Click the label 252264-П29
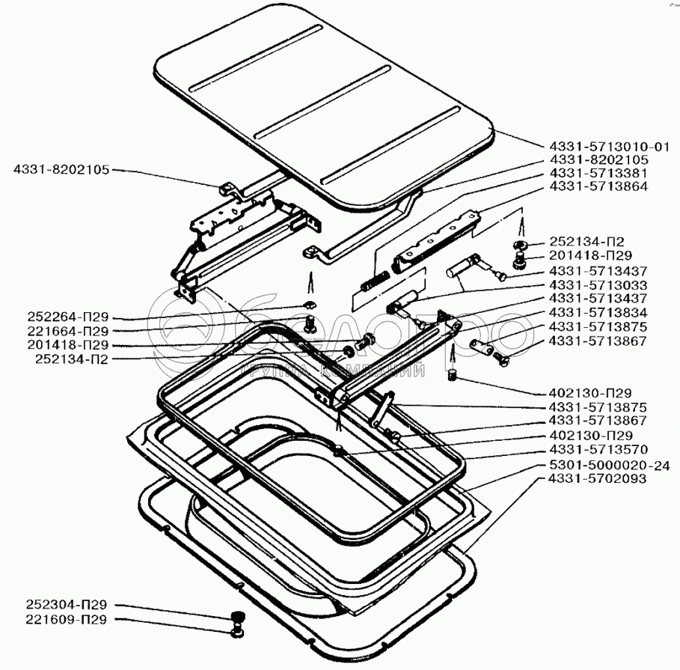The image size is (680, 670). coord(67,317)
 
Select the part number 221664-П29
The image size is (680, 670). coord(67,330)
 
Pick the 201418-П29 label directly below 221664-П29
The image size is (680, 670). coord(67,344)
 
